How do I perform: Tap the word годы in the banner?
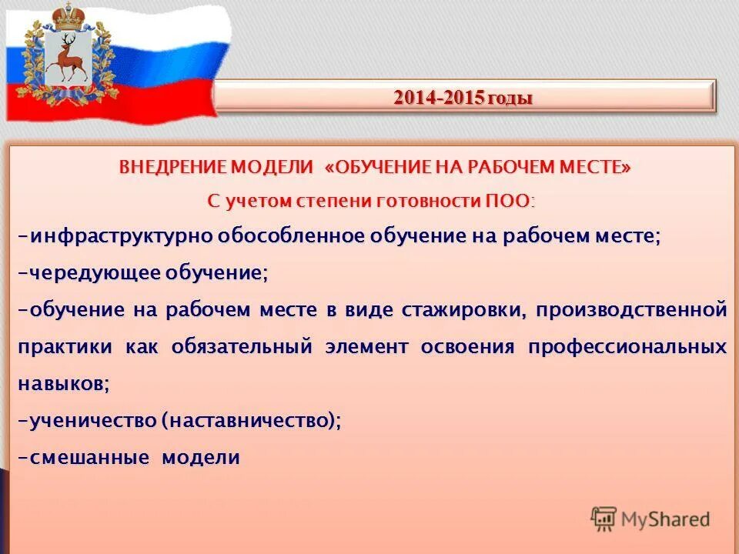click(x=509, y=98)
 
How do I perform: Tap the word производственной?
click(x=631, y=310)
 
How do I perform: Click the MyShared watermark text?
click(x=665, y=519)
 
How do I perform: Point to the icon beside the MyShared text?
click(x=604, y=519)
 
